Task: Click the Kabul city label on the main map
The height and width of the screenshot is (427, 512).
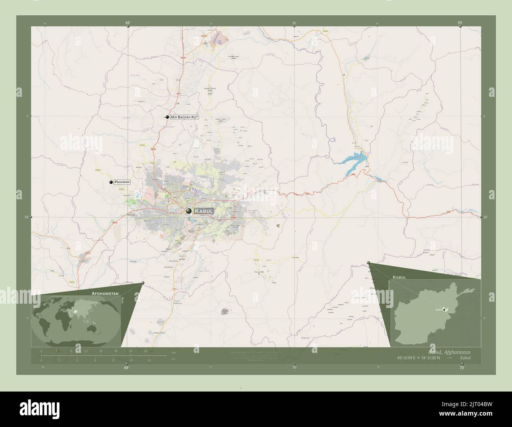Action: click(204, 212)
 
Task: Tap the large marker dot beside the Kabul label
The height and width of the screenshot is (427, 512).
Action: click(189, 211)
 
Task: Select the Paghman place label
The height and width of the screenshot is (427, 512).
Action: click(122, 182)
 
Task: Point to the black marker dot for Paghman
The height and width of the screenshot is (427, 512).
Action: click(111, 182)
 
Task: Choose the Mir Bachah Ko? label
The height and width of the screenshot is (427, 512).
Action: click(184, 117)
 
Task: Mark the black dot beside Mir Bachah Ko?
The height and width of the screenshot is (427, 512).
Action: click(167, 117)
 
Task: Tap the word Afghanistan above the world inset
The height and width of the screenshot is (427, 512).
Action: click(105, 294)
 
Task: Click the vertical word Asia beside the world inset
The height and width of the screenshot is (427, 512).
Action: click(123, 300)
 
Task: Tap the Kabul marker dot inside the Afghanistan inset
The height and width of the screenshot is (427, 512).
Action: click(445, 310)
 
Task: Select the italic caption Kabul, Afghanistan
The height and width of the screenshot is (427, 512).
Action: click(449, 351)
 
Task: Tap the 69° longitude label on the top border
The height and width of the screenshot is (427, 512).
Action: click(128, 23)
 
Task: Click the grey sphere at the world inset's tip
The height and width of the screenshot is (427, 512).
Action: click(143, 283)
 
